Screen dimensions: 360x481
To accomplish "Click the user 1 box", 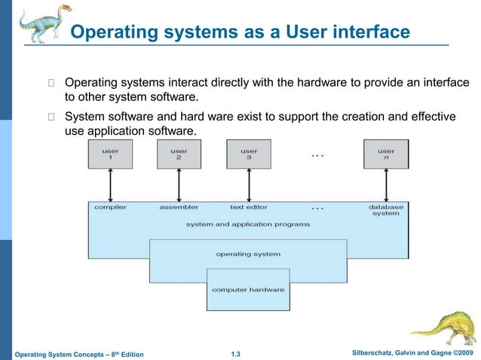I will coord(110,154).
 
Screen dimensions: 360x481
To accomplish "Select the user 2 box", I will coord(179,154).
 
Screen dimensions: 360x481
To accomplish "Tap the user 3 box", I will coord(249,154).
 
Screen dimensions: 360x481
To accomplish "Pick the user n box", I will coord(386,154).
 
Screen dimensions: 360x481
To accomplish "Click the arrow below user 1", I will coord(110,185).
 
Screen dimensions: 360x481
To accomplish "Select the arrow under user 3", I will coord(249,185).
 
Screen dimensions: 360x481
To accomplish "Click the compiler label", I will coord(110,207).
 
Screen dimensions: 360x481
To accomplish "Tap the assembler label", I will coord(179,207).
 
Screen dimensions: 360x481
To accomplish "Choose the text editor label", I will coord(249,207).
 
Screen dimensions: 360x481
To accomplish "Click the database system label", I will coord(386,210).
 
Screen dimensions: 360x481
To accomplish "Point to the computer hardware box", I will coord(248,290).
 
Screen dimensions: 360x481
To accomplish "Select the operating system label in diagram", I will coord(248,255).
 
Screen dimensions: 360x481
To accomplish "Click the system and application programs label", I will coord(248,224).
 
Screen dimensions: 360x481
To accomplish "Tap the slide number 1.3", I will coord(240,354).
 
